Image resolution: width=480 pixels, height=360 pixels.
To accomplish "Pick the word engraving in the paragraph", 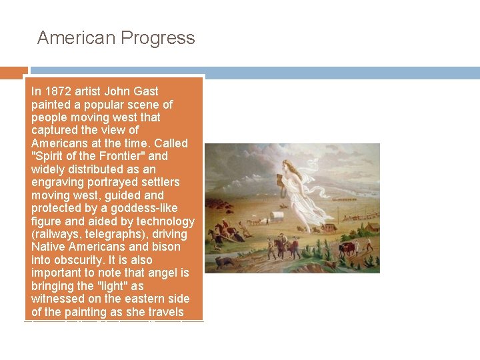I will [56, 182].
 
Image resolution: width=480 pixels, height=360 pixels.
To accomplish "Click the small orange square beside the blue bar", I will [13, 72].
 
